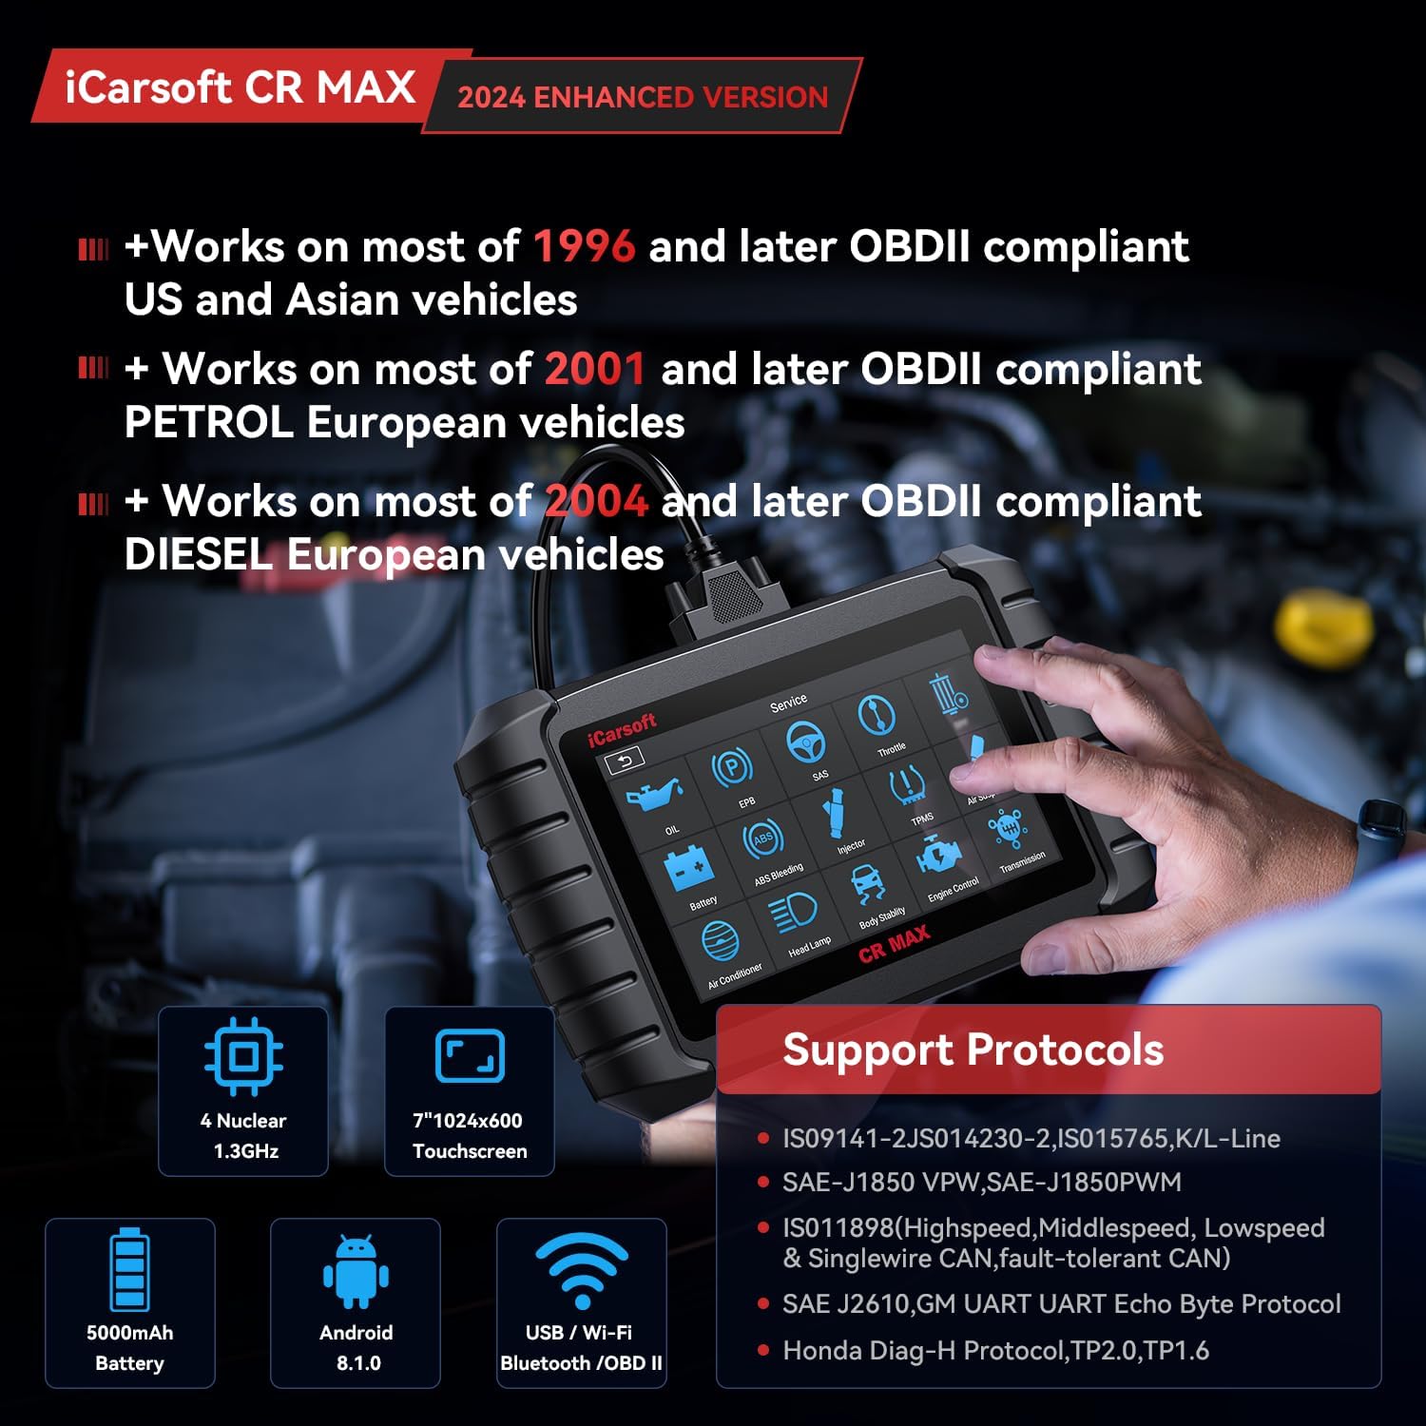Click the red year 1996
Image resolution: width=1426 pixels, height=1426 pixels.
pyautogui.click(x=584, y=247)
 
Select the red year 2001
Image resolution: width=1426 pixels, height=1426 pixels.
pyautogui.click(x=595, y=369)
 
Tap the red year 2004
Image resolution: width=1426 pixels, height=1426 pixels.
pyautogui.click(x=596, y=501)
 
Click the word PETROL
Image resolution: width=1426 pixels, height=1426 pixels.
pyautogui.click(x=208, y=422)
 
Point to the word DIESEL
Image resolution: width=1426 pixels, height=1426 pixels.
pyautogui.click(x=199, y=554)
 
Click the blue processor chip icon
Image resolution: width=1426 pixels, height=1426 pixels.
pyautogui.click(x=243, y=1056)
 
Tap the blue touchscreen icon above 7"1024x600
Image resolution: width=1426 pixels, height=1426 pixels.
pyautogui.click(x=470, y=1056)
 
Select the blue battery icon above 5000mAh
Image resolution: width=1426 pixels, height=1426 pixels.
pyautogui.click(x=129, y=1270)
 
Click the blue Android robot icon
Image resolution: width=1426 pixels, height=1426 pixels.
pyautogui.click(x=356, y=1272)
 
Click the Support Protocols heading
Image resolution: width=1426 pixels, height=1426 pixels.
pyautogui.click(x=973, y=1050)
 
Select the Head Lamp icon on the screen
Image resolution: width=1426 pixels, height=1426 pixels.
pyautogui.click(x=793, y=915)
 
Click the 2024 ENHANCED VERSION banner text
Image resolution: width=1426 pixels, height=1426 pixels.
pyautogui.click(x=643, y=97)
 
